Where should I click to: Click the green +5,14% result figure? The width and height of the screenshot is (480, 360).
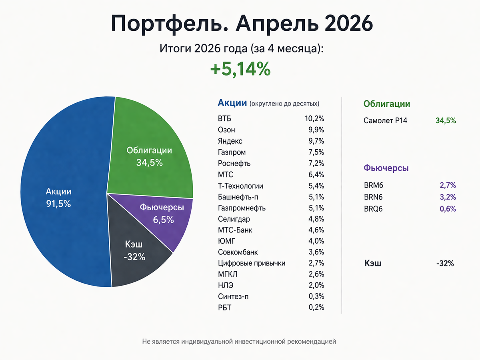240,69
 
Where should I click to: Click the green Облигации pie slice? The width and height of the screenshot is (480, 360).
151,153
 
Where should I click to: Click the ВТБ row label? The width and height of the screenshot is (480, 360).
224,119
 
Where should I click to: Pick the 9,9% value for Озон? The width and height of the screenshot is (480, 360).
316,130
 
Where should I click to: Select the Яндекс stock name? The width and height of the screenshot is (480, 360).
230,141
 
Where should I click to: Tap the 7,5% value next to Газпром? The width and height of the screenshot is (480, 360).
316,152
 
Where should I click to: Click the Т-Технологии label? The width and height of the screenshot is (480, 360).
240,186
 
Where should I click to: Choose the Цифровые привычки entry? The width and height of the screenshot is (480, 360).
252,263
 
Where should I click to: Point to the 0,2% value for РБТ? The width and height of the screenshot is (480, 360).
316,307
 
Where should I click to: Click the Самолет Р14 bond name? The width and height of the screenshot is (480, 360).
385,120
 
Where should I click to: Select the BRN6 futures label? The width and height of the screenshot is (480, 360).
373,197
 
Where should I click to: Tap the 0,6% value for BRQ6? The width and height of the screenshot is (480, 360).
448,209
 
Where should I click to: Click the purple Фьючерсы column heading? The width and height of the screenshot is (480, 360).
386,168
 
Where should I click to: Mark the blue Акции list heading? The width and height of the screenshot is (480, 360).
232,103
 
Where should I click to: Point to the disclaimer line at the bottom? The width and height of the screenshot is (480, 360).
239,342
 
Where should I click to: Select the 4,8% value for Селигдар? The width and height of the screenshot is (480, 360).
316,219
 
